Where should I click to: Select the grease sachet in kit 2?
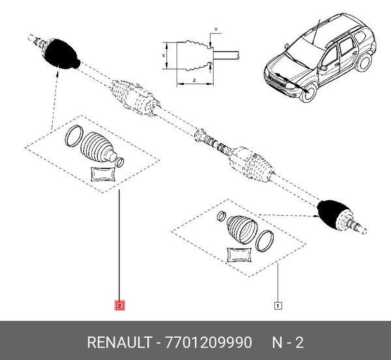pos(102,173)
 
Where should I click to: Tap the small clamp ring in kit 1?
pos(222,217)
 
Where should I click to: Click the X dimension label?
pos(164,56)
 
